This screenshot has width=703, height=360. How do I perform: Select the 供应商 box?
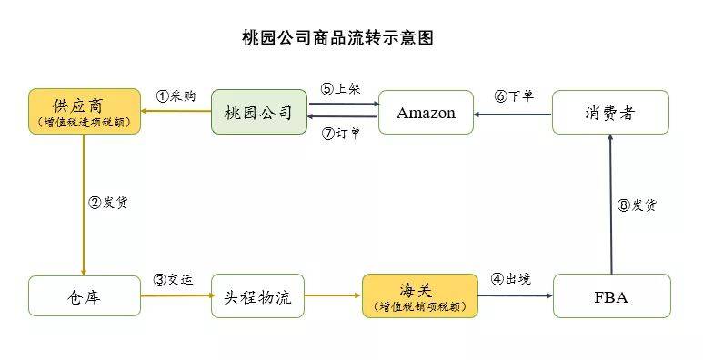pos(84,112)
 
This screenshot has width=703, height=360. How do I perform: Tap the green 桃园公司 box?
pos(258,113)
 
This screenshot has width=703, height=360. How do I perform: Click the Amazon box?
pos(426,113)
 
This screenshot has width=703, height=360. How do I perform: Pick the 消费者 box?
pos(610,113)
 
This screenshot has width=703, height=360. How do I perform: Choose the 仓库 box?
pos(84,296)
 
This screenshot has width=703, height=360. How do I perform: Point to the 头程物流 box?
pos(258,296)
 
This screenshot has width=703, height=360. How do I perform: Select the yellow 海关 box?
pos(419,296)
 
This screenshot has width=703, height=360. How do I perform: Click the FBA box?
pos(610,296)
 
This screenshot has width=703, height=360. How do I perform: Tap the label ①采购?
pos(176,95)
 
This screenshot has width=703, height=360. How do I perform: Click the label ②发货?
pos(107,203)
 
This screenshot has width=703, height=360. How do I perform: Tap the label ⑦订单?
pos(341,135)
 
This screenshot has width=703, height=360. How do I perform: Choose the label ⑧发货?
pos(636,205)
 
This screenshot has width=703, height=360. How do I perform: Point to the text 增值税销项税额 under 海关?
pos(419,307)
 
